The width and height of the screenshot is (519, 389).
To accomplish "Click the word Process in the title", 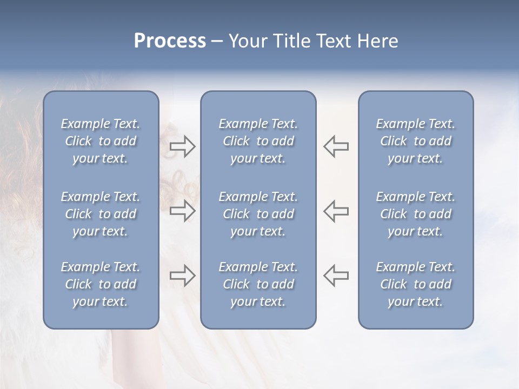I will point(170,41).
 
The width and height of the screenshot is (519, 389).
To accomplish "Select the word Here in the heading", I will point(377,41).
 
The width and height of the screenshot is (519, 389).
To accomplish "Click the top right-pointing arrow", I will point(183,146).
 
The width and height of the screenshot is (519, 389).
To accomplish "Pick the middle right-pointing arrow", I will point(183,211).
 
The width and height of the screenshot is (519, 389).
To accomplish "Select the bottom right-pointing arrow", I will point(183,276).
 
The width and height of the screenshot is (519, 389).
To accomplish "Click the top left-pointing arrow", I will point(336,146).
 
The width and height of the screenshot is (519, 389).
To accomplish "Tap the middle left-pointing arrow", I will point(336,211).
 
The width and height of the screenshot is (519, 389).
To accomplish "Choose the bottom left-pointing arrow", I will point(336,276).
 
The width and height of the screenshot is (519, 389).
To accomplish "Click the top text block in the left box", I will point(101,141).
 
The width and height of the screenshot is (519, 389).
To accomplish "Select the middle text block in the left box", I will point(101,214).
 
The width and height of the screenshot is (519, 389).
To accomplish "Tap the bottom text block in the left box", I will point(101,284).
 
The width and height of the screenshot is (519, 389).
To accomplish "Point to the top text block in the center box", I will point(258,141).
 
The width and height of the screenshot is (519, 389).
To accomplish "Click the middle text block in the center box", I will point(258,214).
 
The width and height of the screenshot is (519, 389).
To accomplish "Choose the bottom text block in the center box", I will point(258,284).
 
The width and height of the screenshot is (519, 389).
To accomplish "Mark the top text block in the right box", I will point(416,141).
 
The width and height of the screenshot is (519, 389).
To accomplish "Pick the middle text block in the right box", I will point(416,214).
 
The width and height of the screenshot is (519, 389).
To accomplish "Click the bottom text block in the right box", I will point(416,284).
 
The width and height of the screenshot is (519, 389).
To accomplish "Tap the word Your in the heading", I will point(249,41).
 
